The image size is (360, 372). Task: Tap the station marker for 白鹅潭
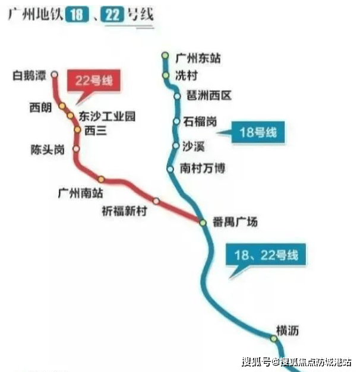55,74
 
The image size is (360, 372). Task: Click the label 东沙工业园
107,117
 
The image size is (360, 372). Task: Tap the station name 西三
95,131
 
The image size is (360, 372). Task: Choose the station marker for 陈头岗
76,149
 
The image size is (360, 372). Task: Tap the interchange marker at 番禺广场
203,222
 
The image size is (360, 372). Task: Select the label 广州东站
198,58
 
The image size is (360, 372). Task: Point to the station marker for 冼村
166,75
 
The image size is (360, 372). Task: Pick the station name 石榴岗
200,122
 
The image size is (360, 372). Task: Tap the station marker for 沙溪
176,145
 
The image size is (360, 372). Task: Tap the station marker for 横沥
273,338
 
